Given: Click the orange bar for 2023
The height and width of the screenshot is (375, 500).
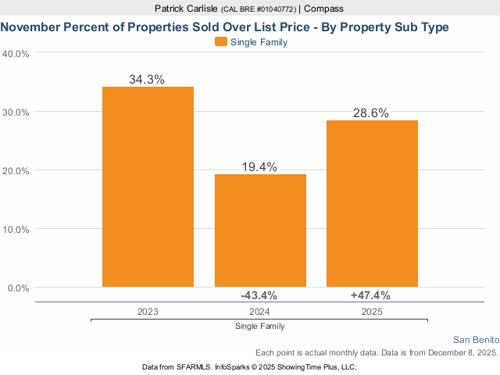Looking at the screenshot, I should (148, 187).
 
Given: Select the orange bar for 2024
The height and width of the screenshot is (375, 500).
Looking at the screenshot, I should (260, 230).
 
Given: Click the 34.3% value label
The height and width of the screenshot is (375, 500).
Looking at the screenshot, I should (148, 79).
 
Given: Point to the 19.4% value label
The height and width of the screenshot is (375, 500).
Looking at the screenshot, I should (260, 166).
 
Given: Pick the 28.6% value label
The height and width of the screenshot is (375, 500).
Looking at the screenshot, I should (373, 112).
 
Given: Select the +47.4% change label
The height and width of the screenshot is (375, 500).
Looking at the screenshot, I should (370, 295).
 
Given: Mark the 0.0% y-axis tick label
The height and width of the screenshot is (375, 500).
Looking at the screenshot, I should (18, 288).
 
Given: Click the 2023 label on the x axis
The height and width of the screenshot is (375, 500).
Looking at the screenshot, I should (148, 311).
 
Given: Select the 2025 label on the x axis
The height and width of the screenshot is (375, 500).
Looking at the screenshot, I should (373, 311).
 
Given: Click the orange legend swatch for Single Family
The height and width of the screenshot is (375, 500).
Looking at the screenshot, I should (220, 42).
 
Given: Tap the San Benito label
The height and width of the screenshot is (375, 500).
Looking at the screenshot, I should (476, 340).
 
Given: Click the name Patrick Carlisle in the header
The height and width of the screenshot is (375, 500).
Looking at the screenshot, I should (187, 9).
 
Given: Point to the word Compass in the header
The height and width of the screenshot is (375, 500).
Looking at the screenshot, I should (323, 9).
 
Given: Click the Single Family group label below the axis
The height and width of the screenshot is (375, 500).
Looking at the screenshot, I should (259, 326).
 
